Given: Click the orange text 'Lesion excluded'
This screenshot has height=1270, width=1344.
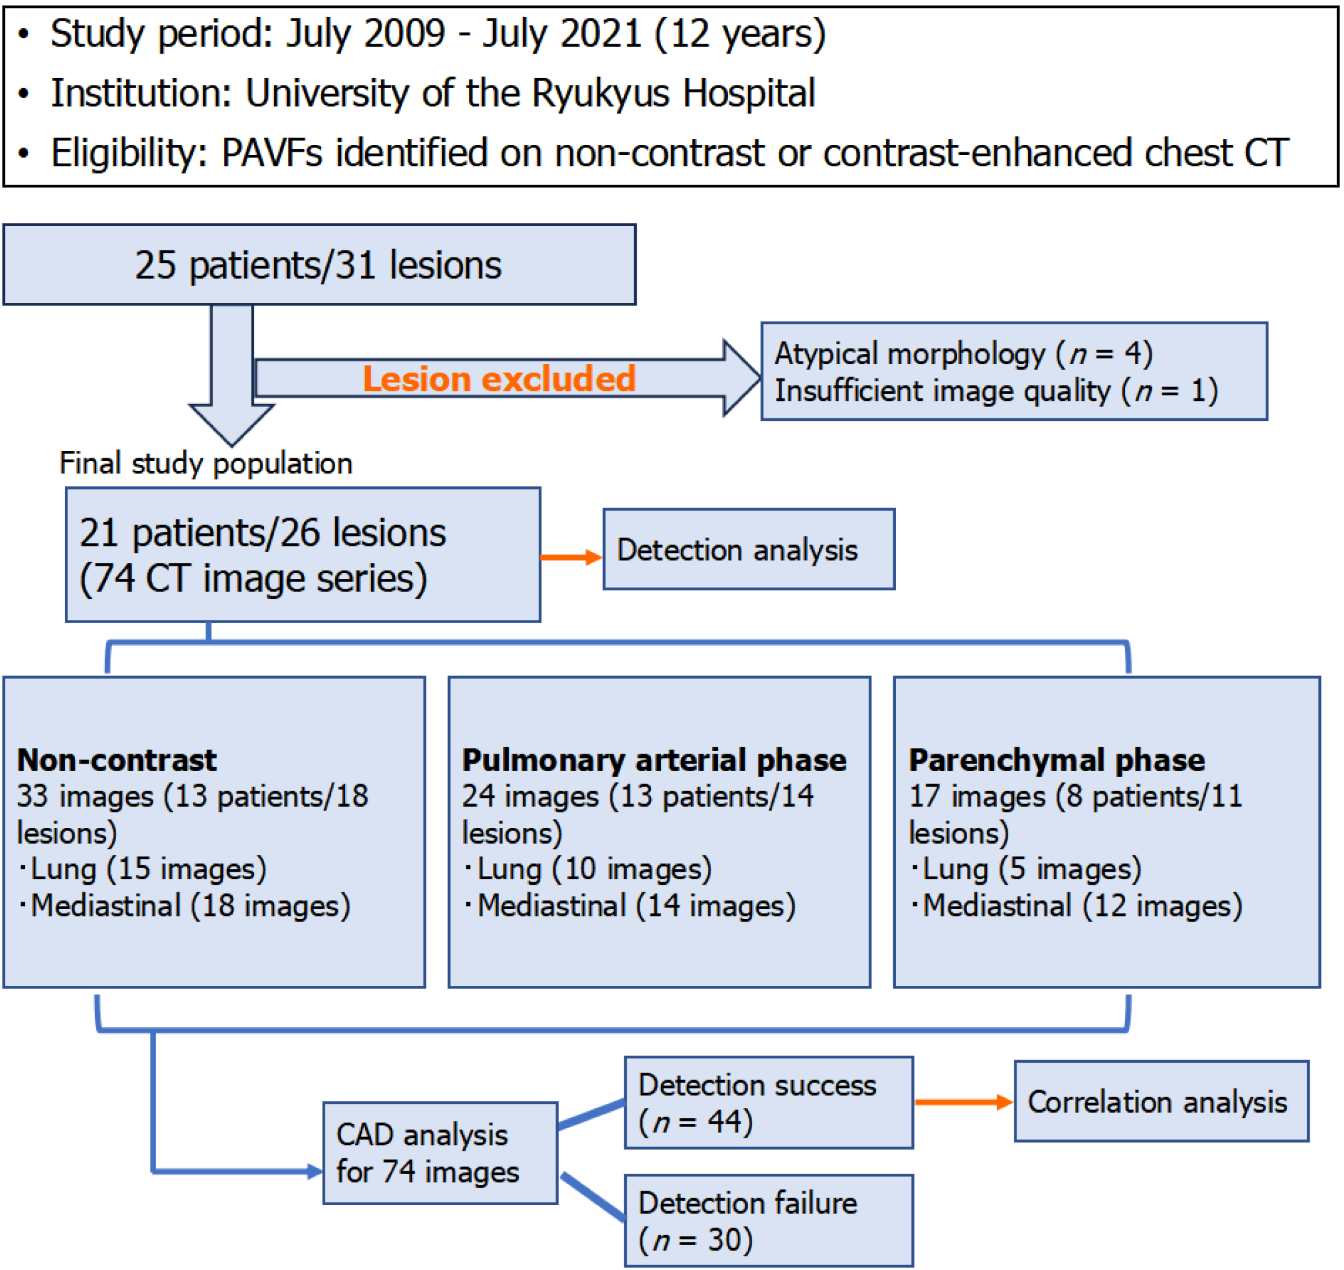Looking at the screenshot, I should click(499, 378).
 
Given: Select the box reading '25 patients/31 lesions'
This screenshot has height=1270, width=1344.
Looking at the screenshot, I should click(319, 265).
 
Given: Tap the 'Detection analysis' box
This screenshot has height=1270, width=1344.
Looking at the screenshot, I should click(748, 549).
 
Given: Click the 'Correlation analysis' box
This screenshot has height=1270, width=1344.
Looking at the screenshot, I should click(1160, 1101).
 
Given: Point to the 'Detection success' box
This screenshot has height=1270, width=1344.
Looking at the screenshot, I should click(768, 1103).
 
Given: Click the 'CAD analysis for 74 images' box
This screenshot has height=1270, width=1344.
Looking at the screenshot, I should click(440, 1153).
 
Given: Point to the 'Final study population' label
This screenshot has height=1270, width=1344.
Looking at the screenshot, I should click(206, 464).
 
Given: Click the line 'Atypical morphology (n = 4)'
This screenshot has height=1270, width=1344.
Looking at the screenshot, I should click(963, 353).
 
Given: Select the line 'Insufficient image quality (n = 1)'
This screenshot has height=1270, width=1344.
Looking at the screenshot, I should click(996, 391).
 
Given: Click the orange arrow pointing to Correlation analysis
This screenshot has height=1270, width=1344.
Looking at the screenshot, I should click(963, 1102).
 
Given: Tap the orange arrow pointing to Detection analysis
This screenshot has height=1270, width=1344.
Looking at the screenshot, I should click(571, 557).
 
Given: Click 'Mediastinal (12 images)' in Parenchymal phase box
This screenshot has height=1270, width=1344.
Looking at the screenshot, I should click(1082, 906).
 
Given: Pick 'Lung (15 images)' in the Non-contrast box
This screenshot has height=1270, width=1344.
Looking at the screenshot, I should click(148, 869).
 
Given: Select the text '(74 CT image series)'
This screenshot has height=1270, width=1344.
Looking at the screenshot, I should click(253, 579).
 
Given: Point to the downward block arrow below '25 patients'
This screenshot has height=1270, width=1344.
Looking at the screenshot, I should click(232, 379).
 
